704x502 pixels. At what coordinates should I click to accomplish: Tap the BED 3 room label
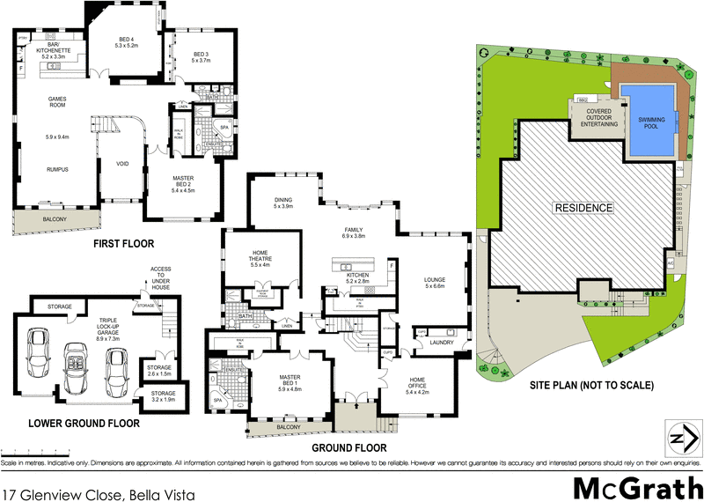(202, 57)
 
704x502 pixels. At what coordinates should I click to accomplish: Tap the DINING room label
(282, 203)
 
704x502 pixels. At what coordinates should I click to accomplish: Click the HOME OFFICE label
(417, 383)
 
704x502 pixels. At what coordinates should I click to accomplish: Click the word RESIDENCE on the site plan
(582, 208)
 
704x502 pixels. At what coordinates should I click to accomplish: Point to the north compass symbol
(678, 439)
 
